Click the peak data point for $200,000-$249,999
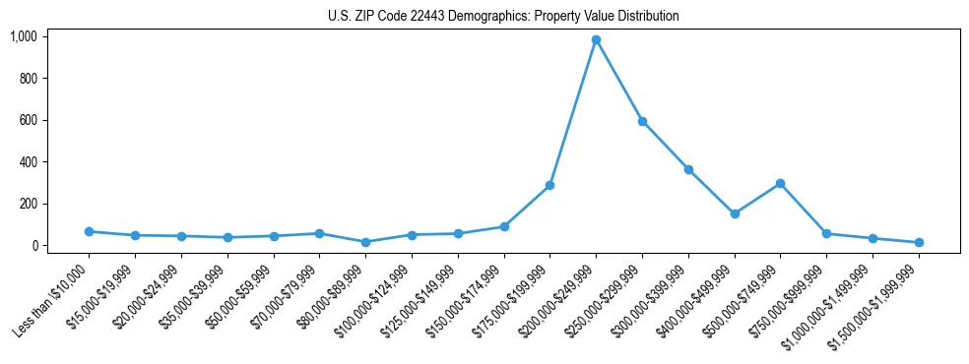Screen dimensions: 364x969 point(596,40)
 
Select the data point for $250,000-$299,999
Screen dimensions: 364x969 point(642,121)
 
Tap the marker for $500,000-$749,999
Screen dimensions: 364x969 point(780,183)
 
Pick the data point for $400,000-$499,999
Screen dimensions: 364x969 point(735,213)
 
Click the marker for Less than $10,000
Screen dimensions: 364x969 point(89,231)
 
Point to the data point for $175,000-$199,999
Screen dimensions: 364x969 point(549,185)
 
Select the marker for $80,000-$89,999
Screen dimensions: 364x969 point(365,242)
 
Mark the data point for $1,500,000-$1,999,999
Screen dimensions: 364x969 point(919,242)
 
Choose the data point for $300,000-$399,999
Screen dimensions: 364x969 point(688,169)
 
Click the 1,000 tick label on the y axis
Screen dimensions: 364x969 point(23,36)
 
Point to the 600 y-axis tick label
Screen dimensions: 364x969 point(28,120)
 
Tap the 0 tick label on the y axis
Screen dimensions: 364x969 point(33,246)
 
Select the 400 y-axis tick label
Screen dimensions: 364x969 point(28,162)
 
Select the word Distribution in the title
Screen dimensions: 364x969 point(646,17)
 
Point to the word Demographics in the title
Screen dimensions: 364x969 point(471,17)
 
